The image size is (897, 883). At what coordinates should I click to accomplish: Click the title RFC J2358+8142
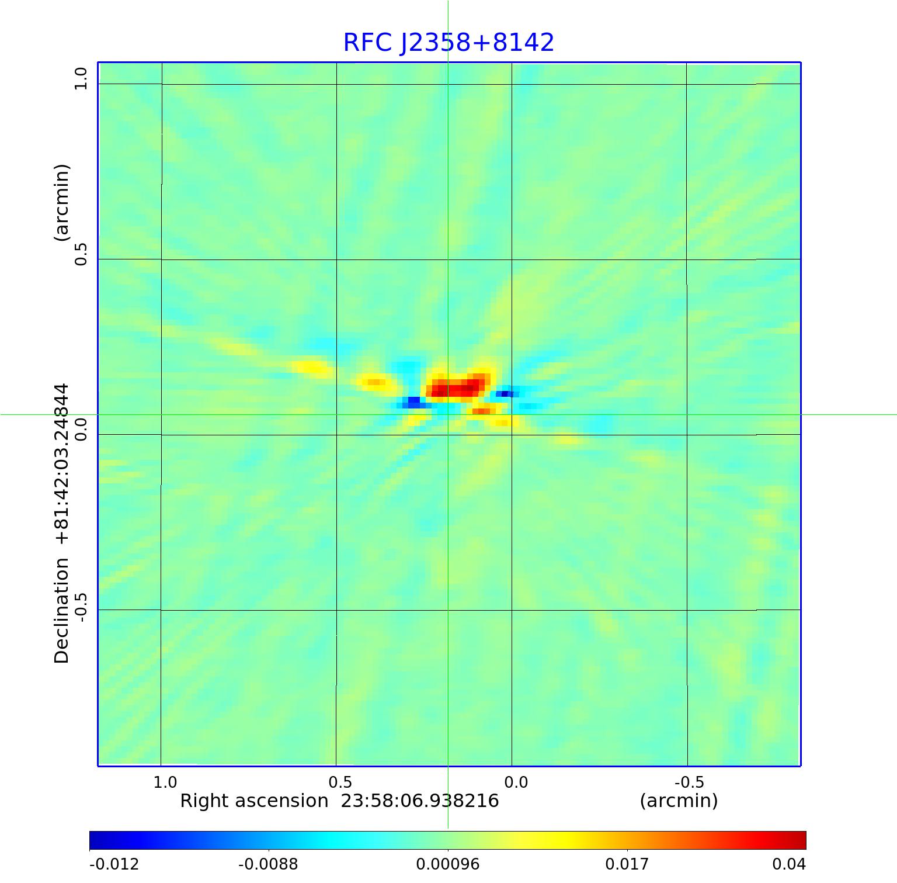pos(448,43)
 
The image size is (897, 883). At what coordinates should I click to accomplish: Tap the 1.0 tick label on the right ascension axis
pos(165,782)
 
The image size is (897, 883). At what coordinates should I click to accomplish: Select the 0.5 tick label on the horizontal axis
pos(340,782)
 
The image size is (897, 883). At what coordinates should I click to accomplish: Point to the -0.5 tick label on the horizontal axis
pos(689,782)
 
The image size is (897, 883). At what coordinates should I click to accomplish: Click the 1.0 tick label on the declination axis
pos(80,78)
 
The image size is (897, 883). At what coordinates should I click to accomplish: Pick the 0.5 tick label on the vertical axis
pos(80,254)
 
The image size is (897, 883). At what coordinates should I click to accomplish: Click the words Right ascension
pos(254,801)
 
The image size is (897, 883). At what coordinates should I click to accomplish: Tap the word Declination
pos(62,611)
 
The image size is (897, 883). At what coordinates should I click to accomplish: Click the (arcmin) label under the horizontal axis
pos(679,801)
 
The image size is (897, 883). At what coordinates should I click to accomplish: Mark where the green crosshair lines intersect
pos(448,414)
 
